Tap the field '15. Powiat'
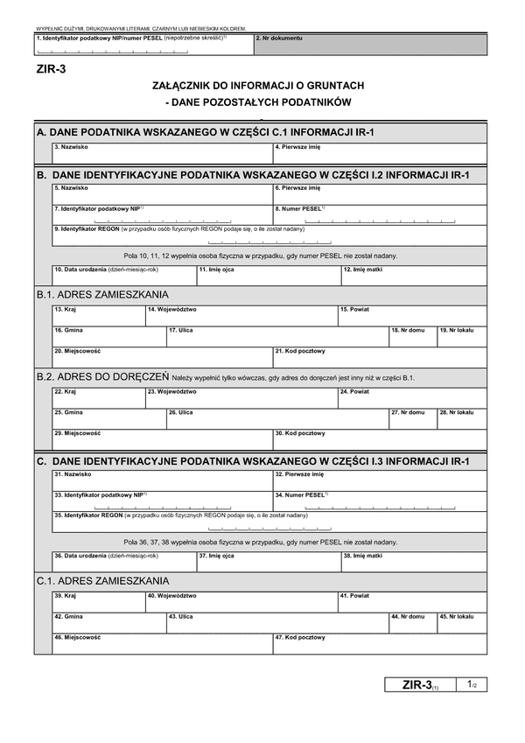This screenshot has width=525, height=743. pos(411,316)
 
